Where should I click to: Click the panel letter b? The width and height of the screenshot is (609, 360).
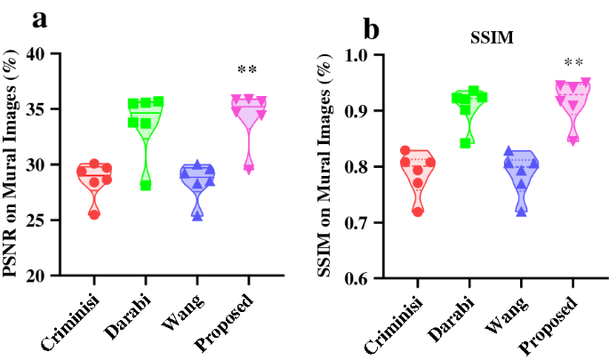point(371,29)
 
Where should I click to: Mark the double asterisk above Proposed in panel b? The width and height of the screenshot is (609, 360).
point(573,63)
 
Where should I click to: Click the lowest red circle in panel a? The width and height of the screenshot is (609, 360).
point(94,214)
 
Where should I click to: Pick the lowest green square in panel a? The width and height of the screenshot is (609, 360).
point(146,185)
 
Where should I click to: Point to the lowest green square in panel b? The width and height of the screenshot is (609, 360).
point(465,143)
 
